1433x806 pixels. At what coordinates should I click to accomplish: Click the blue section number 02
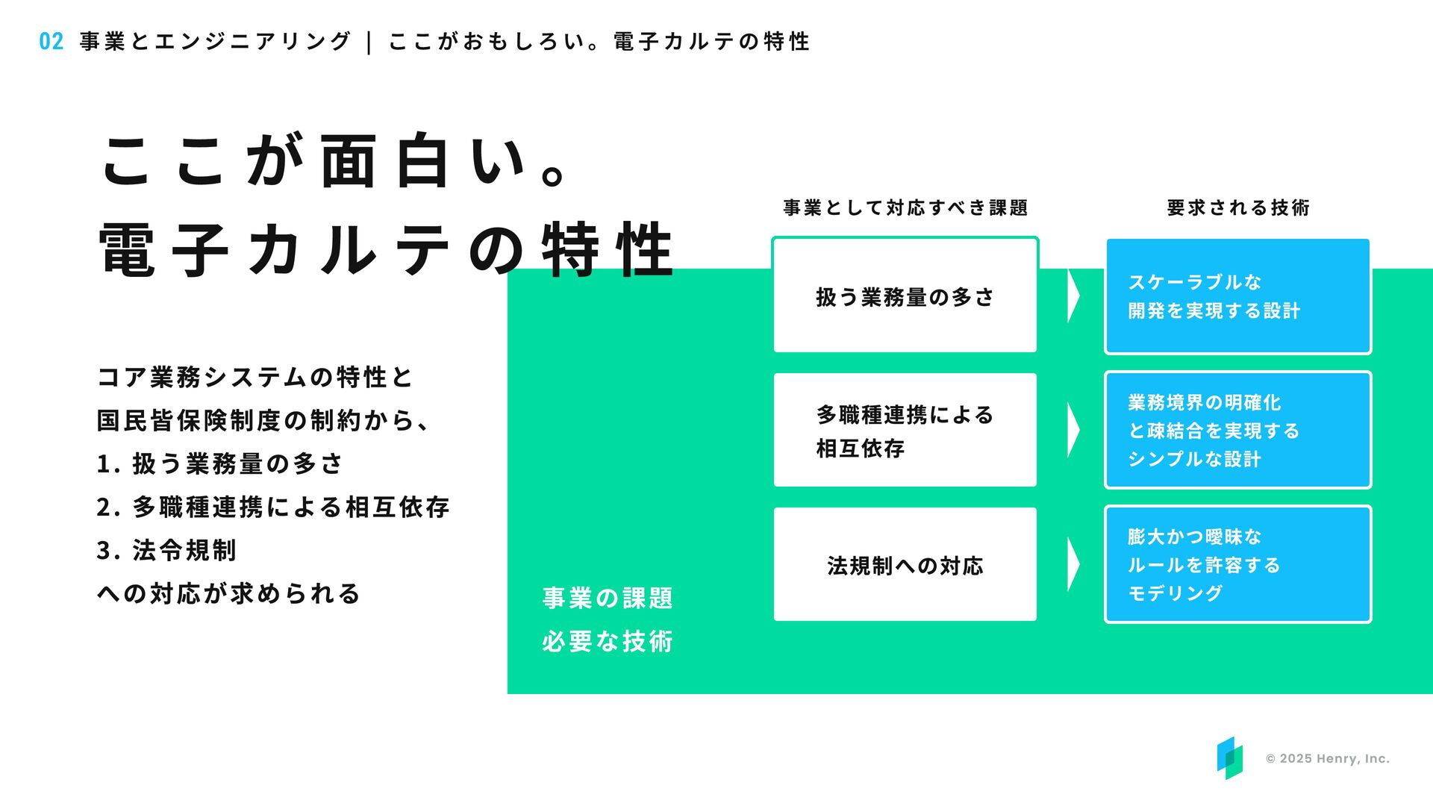[x=51, y=41]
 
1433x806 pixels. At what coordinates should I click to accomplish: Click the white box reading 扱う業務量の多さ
[x=905, y=296]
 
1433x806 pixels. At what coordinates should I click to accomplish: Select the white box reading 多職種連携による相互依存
[x=905, y=431]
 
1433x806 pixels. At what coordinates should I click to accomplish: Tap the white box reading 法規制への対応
[x=905, y=565]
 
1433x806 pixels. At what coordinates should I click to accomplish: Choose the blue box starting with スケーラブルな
[x=1237, y=296]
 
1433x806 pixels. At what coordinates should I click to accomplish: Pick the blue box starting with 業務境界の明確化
[x=1237, y=431]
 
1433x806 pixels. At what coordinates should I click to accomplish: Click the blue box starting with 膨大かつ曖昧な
[x=1237, y=565]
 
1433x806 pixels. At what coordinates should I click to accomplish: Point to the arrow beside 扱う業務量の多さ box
[x=1073, y=296]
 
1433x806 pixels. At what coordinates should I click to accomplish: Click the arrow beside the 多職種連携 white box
[x=1073, y=431]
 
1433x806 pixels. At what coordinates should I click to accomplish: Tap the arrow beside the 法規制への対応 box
[x=1073, y=565]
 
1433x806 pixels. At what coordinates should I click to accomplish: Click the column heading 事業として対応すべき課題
[x=905, y=207]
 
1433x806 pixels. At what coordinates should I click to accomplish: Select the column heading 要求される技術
[x=1238, y=207]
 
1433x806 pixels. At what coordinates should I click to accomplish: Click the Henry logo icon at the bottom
[x=1229, y=758]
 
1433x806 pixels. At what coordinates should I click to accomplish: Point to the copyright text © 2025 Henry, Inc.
[x=1327, y=759]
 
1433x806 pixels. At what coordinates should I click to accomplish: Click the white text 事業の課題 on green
[x=608, y=598]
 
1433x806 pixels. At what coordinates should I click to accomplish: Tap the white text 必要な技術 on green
[x=608, y=641]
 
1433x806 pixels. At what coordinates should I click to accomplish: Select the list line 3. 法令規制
[x=166, y=551]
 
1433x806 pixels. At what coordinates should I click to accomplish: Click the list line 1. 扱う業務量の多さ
[x=219, y=464]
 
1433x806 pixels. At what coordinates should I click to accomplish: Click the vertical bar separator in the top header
[x=369, y=42]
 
